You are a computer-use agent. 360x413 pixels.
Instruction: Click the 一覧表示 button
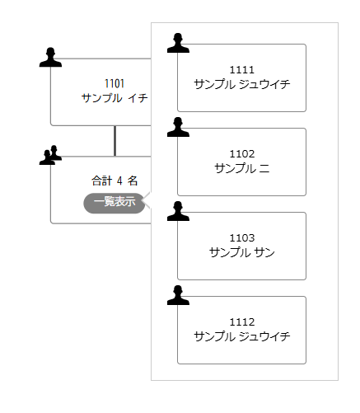(x=115, y=203)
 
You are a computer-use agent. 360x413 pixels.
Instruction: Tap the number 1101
(x=115, y=83)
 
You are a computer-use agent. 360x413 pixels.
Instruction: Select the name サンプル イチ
(x=115, y=98)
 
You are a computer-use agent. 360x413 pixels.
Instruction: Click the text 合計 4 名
(x=115, y=181)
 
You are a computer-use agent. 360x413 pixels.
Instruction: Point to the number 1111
(x=242, y=70)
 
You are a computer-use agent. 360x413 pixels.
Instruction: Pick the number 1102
(x=242, y=154)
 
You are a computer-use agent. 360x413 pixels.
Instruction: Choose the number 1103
(x=242, y=238)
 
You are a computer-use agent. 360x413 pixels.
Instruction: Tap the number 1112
(x=242, y=322)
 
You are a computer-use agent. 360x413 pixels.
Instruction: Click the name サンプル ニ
(x=242, y=168)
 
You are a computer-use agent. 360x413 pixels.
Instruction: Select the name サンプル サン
(x=242, y=252)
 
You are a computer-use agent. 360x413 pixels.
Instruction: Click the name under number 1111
(x=242, y=84)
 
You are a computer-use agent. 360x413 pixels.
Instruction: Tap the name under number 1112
(x=242, y=336)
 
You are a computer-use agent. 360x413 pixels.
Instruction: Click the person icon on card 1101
(x=50, y=57)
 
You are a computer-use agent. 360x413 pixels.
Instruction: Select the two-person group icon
(x=50, y=155)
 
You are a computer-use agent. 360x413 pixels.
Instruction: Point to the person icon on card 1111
(x=178, y=43)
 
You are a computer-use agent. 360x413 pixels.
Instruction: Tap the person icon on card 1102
(x=178, y=127)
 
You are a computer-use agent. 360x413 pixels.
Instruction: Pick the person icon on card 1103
(x=178, y=211)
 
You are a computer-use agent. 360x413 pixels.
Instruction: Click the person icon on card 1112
(x=178, y=295)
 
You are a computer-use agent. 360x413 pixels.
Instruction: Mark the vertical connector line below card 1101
(x=115, y=141)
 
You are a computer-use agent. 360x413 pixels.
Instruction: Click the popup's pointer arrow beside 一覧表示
(x=147, y=200)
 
